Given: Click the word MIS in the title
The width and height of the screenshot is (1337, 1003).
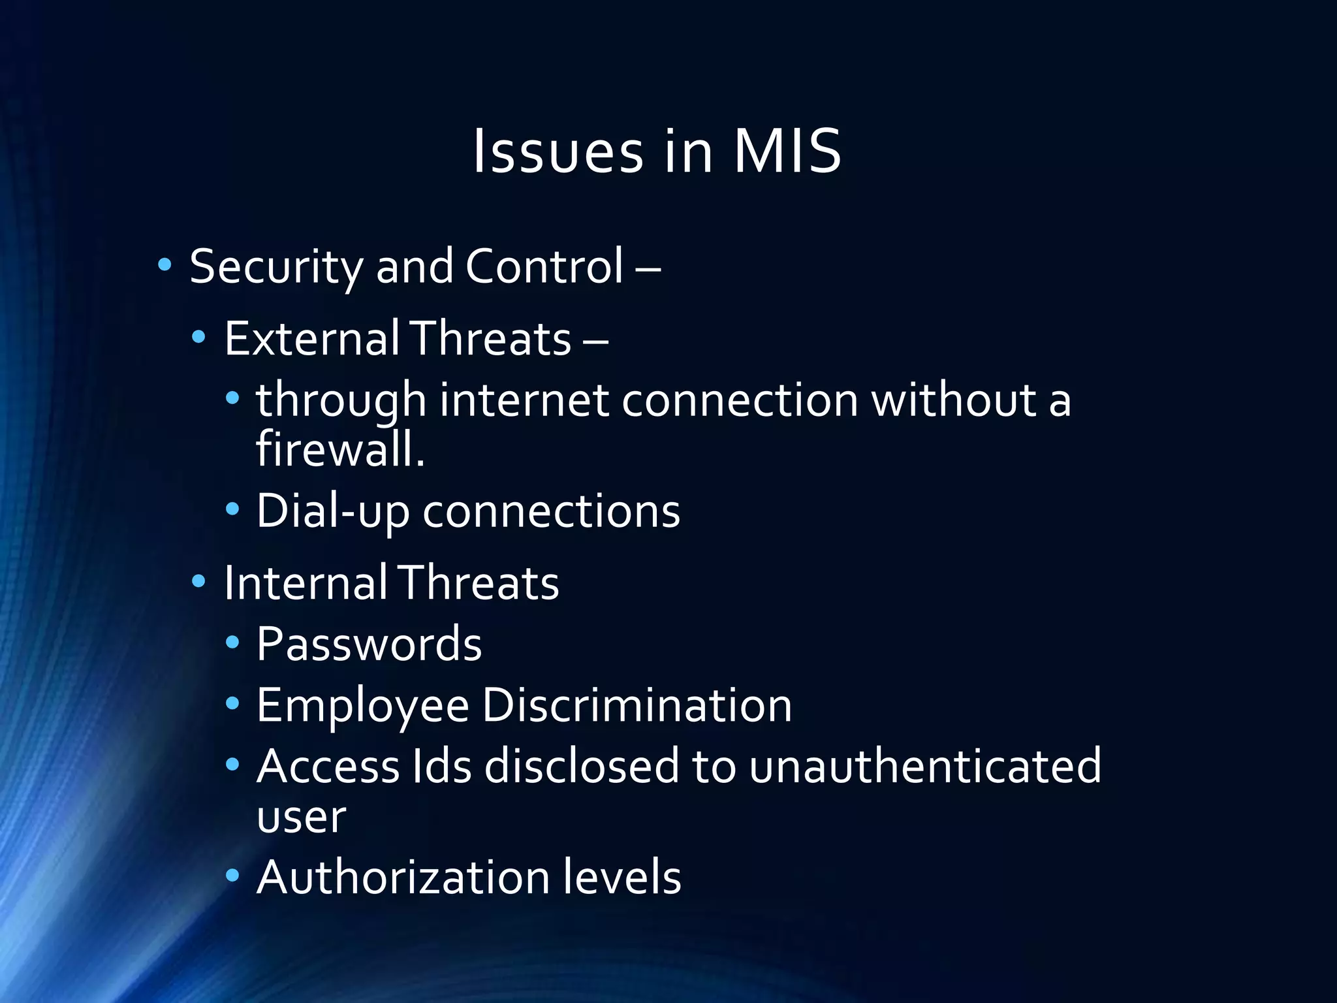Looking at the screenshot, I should coord(787,151).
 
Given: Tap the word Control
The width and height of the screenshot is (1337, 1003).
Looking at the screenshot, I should coord(544,267).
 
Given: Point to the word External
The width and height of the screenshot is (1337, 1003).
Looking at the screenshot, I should coord(311,339).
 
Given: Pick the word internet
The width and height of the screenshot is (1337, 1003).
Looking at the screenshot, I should coord(524,400).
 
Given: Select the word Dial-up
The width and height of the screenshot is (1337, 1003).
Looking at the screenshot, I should coord(332,511).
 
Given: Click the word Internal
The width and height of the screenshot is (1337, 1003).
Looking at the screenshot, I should coord(305,582).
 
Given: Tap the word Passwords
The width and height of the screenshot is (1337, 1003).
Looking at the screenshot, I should coord(369,645).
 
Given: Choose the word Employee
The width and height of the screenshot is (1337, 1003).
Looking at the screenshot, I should coord(363,706).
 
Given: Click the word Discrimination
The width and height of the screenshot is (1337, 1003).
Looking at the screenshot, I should coord(637,706).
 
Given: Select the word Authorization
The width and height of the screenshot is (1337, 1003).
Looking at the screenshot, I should coord(403,877).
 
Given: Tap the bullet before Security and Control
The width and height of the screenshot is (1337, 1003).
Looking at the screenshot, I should coord(165,265).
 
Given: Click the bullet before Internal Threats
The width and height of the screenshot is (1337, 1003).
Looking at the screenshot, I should coord(199,581).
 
